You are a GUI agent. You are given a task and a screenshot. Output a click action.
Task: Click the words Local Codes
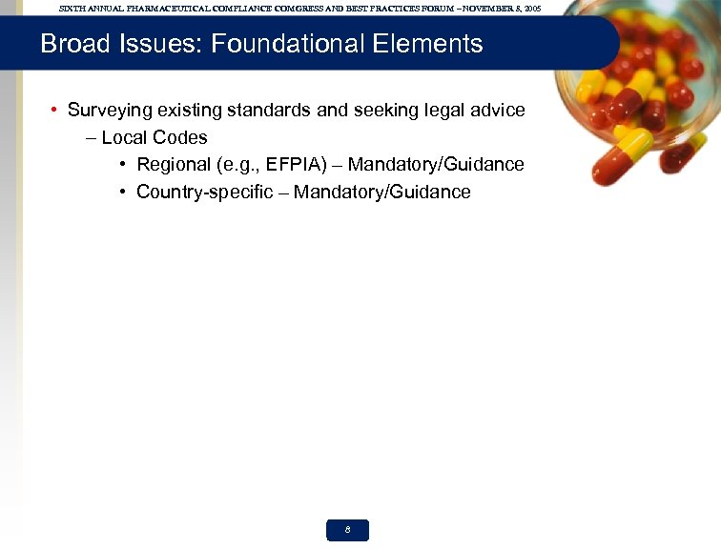(x=154, y=137)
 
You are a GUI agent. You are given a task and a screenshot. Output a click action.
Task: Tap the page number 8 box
(x=347, y=531)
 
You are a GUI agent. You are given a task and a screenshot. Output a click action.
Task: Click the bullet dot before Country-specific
(x=124, y=193)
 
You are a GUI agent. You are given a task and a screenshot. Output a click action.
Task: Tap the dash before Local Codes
(x=91, y=137)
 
